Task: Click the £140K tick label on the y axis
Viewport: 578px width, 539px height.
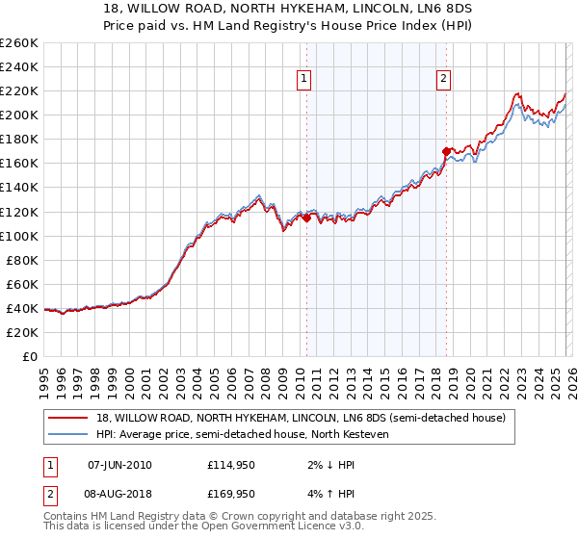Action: [18, 187]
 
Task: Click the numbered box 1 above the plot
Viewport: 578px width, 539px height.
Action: [304, 80]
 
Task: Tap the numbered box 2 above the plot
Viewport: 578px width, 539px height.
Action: [444, 80]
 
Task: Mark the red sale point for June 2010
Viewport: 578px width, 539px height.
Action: [306, 218]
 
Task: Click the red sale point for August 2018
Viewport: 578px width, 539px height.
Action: [446, 151]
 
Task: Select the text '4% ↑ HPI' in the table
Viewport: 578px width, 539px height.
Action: [325, 496]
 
